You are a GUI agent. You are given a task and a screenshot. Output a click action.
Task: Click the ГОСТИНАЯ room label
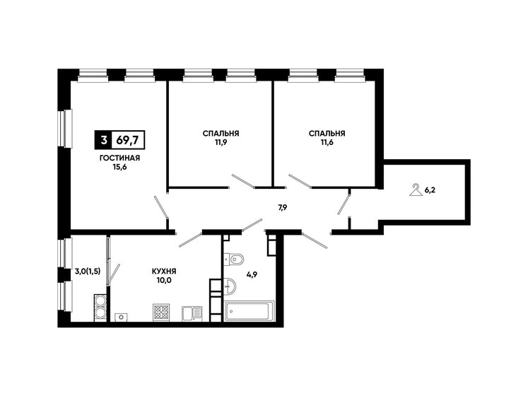point(120,158)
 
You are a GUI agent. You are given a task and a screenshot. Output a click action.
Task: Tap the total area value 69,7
point(127,139)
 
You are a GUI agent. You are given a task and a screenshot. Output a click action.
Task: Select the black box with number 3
point(104,139)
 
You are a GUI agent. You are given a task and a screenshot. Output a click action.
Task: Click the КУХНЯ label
point(164,271)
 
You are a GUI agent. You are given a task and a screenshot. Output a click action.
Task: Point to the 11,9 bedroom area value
point(221,142)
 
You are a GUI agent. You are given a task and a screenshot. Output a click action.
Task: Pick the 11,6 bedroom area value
point(327,142)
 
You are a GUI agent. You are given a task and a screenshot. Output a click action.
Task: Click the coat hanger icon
point(416,190)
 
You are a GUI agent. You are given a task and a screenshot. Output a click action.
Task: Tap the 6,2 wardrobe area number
point(430,190)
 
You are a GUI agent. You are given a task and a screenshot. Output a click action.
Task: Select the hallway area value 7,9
point(282,208)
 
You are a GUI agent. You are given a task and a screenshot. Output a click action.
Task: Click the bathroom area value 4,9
point(252,274)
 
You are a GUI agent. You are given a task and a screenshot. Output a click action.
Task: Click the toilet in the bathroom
point(234,260)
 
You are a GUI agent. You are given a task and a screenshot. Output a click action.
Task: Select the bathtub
point(250,311)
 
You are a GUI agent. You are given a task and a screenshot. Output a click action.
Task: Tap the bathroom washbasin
point(230,286)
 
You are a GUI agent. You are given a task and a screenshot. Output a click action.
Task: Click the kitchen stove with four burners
point(161,312)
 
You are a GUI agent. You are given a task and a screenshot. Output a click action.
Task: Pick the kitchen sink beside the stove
point(192,313)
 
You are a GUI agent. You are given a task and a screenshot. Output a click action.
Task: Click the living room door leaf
point(160,207)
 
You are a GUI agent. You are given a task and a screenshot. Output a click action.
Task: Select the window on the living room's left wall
point(64,128)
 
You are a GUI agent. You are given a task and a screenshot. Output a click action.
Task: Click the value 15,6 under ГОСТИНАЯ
point(120,167)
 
